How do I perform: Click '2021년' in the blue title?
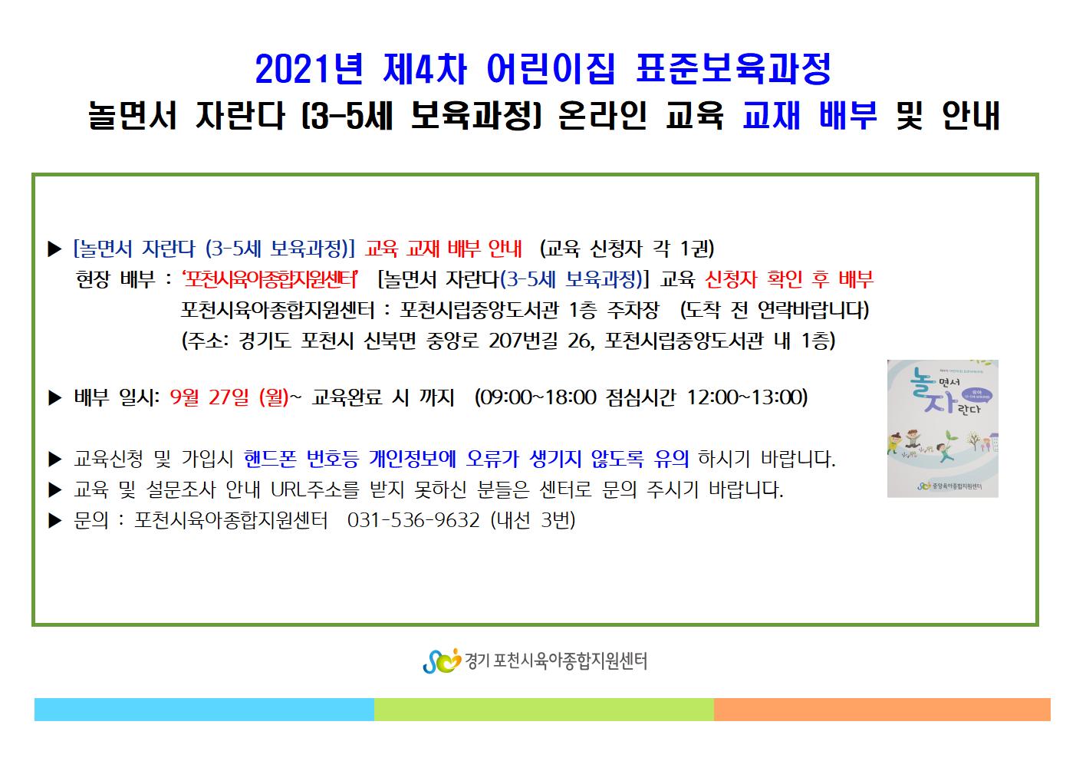309,69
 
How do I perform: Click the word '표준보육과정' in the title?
733,69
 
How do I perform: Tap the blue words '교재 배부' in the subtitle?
810,115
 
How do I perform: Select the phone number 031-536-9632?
413,520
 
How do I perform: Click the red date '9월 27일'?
209,397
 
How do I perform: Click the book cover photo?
943,429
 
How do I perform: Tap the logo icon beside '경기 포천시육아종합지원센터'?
442,661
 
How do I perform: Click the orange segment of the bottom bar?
882,709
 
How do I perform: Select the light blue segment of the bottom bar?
204,709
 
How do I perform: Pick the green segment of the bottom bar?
544,709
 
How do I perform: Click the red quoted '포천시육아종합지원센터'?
270,279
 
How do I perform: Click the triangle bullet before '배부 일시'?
55,398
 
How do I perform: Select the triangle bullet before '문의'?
55,521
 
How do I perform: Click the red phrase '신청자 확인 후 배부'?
788,279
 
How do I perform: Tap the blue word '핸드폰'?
270,459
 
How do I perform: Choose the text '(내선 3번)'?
533,520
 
